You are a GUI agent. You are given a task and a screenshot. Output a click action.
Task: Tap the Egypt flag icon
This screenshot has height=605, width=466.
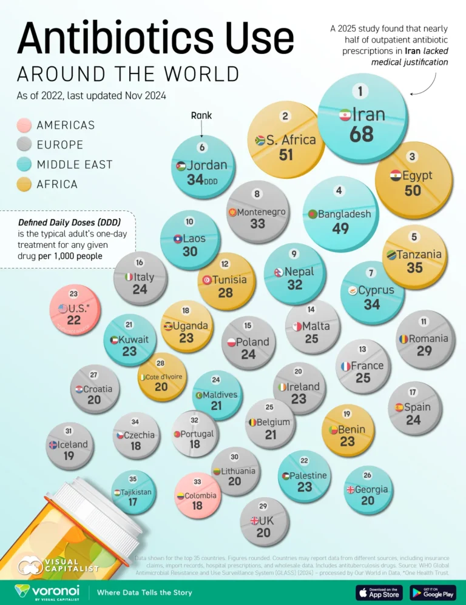click(x=395, y=175)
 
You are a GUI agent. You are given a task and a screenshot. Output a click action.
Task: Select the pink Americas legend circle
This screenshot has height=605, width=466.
click(x=24, y=125)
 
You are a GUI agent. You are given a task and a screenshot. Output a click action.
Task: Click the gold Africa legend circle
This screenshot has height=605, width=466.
click(x=24, y=184)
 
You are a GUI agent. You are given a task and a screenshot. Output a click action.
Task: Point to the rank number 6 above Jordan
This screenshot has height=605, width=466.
click(x=203, y=147)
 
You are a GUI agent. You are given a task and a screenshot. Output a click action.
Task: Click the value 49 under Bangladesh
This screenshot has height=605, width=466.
click(x=340, y=229)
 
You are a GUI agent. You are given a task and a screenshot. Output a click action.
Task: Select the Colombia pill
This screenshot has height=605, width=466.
click(x=197, y=496)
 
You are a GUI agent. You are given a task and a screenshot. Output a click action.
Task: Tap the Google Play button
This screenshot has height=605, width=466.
click(x=433, y=592)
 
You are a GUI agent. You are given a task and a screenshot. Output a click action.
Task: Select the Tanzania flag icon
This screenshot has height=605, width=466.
click(x=392, y=255)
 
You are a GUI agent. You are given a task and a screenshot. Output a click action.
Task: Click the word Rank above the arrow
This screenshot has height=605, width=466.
click(x=201, y=115)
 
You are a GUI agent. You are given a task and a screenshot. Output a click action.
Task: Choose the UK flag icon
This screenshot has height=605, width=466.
click(x=255, y=520)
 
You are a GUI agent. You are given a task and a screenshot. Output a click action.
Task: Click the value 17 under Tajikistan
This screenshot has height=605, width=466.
click(x=132, y=503)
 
